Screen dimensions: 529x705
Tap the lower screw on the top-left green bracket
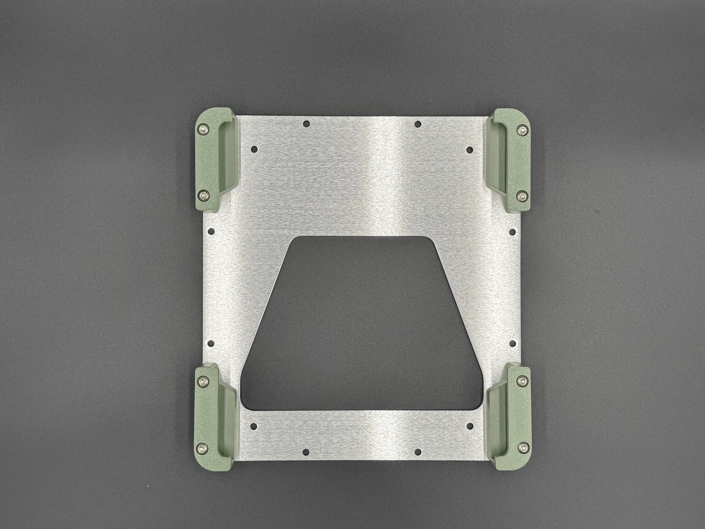click(202, 195)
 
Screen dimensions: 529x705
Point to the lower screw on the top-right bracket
click(523, 196)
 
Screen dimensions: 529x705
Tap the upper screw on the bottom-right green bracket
click(523, 380)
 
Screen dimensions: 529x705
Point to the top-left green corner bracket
click(215, 161)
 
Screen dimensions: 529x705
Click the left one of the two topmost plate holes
click(305, 124)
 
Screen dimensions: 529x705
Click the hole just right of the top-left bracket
click(254, 148)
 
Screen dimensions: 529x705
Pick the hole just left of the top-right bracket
click(469, 149)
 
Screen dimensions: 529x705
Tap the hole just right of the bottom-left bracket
click(254, 426)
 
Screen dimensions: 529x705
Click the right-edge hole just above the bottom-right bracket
click(512, 343)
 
